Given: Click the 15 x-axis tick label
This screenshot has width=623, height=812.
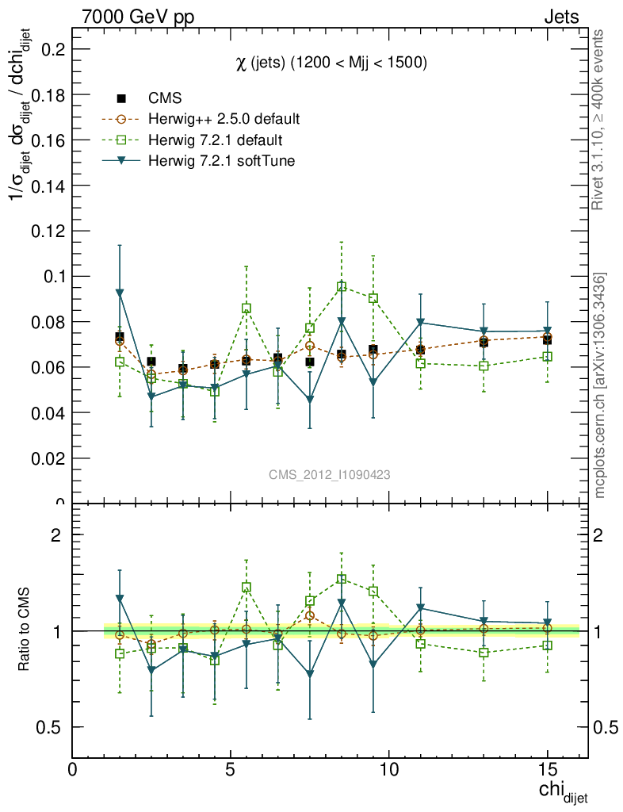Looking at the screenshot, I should coord(546,770).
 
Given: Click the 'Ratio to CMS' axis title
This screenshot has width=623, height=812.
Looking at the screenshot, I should coord(25,630).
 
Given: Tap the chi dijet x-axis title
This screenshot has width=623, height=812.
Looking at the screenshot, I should coord(563,791).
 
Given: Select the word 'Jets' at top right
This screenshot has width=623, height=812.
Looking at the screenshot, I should coord(561,17).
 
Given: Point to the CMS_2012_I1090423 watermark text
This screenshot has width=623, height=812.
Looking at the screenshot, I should coord(329,475).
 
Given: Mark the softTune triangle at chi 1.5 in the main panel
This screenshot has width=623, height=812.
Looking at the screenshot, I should coord(120,293).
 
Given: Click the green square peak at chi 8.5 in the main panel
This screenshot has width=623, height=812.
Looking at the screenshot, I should coord(342,287).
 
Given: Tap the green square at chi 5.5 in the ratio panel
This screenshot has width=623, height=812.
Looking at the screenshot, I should coord(247,588).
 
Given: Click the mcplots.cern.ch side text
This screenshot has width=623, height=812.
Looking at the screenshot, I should coord(600,385).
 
